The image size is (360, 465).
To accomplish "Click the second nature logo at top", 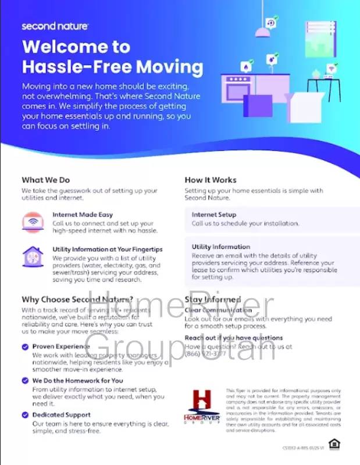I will pyautogui.click(x=55, y=26).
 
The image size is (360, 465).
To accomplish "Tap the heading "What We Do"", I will pyautogui.click(x=45, y=180).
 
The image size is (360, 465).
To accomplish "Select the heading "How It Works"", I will pyautogui.click(x=211, y=180).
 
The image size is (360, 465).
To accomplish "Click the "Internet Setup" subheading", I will pyautogui.click(x=214, y=214).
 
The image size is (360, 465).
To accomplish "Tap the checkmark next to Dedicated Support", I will pyautogui.click(x=25, y=415).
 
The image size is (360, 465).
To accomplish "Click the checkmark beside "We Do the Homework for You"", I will pyautogui.click(x=25, y=381).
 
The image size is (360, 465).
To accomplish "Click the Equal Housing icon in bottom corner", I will pyautogui.click(x=333, y=445).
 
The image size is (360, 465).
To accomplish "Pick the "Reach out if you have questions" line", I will pyautogui.click(x=234, y=338).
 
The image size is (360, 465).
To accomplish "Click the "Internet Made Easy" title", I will pyautogui.click(x=83, y=214).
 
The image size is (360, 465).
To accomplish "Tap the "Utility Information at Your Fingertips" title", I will pyautogui.click(x=107, y=249).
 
